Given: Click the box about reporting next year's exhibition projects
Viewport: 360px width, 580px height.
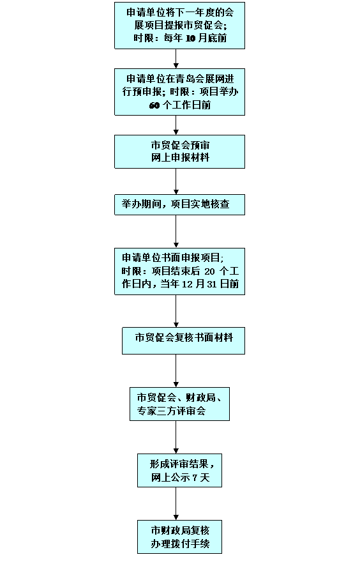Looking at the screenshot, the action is [179, 26].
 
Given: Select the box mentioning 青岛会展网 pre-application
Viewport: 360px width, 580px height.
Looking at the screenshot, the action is [179, 92].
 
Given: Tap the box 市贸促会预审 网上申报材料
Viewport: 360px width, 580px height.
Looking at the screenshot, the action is [179, 151].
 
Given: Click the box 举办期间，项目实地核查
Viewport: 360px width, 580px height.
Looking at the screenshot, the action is [179, 204].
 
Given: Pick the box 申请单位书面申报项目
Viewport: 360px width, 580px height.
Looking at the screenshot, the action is [179, 271].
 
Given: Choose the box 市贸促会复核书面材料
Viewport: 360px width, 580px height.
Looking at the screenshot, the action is [183, 340].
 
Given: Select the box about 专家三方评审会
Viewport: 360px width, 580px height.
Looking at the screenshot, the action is [179, 404].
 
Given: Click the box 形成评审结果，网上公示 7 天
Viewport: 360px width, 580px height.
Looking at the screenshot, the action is [179, 471].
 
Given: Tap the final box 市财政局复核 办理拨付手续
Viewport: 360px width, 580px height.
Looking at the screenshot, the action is [179, 537].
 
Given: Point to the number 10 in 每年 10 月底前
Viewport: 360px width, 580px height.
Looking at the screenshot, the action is [190, 38].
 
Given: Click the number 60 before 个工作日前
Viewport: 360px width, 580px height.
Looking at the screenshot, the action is [154, 105].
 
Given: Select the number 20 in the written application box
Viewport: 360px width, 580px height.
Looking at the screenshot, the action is [209, 271].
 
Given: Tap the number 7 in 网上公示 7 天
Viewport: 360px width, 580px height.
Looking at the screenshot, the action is [195, 478].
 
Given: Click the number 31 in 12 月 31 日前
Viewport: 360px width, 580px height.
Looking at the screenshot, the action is [212, 284].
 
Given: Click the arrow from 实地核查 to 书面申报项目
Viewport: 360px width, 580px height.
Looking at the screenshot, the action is [176, 232].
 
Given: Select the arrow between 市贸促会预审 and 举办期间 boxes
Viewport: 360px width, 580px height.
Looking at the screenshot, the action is [176, 181].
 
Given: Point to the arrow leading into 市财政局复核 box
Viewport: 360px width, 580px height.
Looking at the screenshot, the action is [176, 504].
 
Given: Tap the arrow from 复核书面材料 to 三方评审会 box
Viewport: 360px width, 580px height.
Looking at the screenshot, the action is [176, 370].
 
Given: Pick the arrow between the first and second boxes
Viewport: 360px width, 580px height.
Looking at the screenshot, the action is [176, 59].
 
